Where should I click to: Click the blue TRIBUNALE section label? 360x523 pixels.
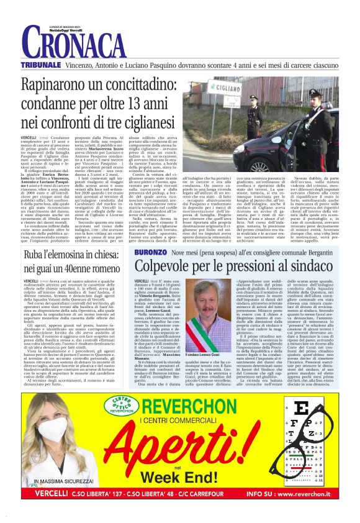40,65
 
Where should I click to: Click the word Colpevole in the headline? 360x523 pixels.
171,268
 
